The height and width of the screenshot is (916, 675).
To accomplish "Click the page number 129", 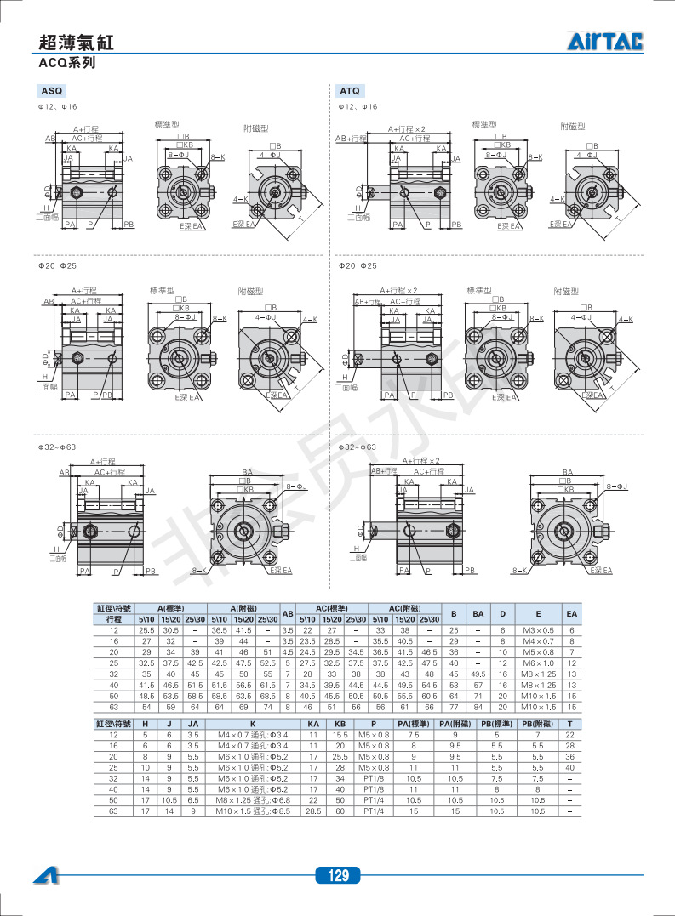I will (338, 876).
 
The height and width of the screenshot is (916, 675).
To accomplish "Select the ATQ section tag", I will (349, 91).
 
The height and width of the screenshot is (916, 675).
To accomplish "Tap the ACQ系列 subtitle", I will (66, 63).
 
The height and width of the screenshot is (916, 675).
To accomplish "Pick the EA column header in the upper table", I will (572, 613).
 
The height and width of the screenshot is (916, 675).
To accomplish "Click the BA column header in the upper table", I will (478, 613).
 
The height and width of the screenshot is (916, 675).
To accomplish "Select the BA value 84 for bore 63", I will (478, 707).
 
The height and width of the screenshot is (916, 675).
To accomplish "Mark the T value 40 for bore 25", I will (569, 767).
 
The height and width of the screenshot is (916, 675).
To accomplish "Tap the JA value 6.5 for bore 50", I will (193, 800).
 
